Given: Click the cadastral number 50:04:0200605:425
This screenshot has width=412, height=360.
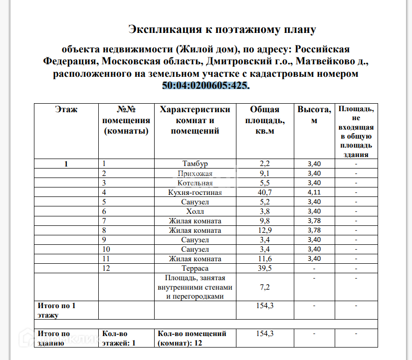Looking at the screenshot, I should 205,85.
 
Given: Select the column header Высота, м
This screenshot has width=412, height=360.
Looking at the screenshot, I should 314,115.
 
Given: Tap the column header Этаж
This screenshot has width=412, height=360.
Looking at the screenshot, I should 66,110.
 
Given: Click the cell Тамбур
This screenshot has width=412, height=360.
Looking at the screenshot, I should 195,164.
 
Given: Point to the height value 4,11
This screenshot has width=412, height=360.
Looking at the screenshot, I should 314,192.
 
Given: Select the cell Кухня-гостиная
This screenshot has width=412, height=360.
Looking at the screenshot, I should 195,192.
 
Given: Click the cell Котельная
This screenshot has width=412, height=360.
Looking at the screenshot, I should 195,182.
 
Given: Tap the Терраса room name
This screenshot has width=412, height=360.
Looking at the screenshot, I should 195,268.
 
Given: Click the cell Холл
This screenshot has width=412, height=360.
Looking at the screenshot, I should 195,211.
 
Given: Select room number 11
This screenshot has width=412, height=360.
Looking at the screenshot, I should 106,259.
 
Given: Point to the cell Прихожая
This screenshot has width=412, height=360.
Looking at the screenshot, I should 195,174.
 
